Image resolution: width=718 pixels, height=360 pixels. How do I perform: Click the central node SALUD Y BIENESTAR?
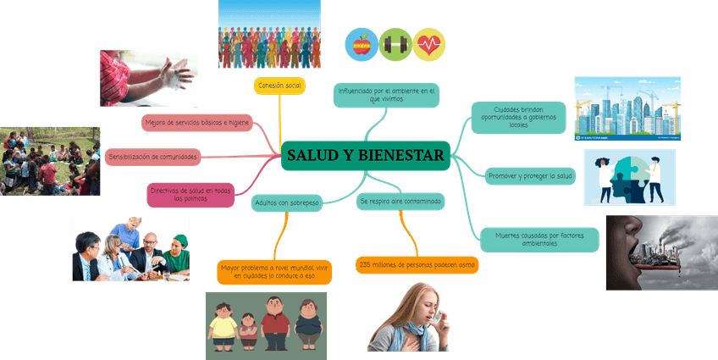point(365,155)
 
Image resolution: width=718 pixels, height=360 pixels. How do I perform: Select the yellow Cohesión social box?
point(279,86)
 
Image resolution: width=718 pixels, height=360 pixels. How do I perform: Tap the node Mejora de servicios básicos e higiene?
point(198,123)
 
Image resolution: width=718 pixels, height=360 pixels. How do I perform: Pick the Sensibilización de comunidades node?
point(153,158)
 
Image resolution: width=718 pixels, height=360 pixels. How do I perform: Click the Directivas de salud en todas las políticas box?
point(191,195)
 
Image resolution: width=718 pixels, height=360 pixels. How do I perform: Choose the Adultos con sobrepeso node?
point(286,203)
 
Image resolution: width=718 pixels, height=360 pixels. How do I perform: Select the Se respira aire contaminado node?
point(400,202)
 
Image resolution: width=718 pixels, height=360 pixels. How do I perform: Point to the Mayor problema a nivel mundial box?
point(274,271)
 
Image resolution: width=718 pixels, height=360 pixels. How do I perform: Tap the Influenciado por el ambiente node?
point(386,94)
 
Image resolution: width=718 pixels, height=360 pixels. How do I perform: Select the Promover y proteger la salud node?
point(531,177)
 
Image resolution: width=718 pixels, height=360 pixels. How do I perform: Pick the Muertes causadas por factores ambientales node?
point(539,240)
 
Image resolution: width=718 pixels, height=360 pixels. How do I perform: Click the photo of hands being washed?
point(148,79)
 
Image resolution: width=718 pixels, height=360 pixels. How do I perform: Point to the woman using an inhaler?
point(420,315)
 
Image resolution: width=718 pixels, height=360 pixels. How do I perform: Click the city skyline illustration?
point(627,108)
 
